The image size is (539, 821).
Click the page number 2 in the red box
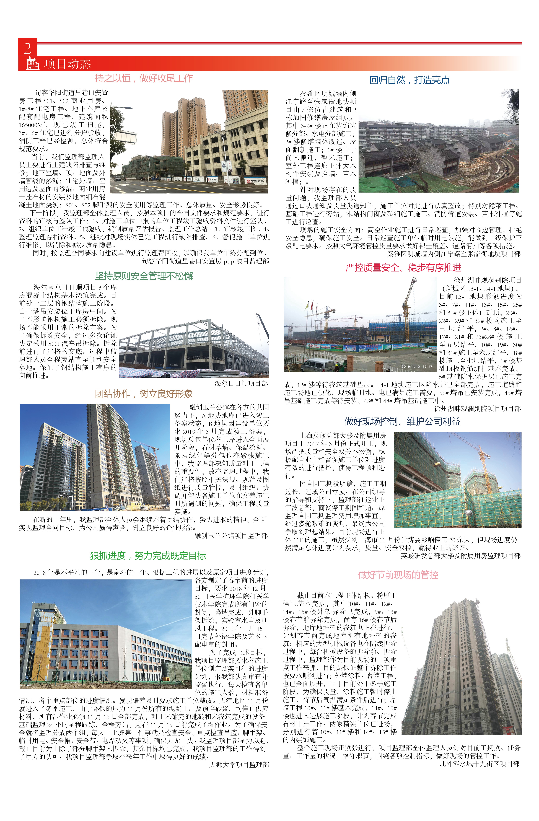(x=27, y=48)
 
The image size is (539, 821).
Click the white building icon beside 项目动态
(x=32, y=63)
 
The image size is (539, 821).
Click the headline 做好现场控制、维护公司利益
(x=402, y=421)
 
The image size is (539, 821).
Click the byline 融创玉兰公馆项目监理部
(x=231, y=535)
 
